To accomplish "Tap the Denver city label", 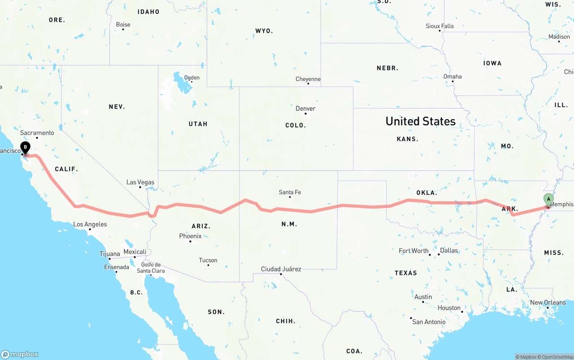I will coord(305,108).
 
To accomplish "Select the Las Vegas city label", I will coord(140,182).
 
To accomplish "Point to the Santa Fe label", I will coord(290,192).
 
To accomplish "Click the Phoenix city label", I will coord(190,236).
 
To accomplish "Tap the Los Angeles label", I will coord(90,224).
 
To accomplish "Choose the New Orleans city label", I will coord(548,303).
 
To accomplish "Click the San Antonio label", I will coord(429,321).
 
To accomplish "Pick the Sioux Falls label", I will coord(439,26).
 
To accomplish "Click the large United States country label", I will coord(420,121).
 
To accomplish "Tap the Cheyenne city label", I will coord(308,79).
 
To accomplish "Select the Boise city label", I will coord(123,25).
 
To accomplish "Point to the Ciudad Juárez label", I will coord(281,269).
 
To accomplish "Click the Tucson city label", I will coord(208,260).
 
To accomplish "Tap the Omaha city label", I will coord(452,77).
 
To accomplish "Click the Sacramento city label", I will coord(37,133).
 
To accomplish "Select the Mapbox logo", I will coord(20,354).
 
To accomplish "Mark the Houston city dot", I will coord(462,312).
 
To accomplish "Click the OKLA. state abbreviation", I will coord(426,193).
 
